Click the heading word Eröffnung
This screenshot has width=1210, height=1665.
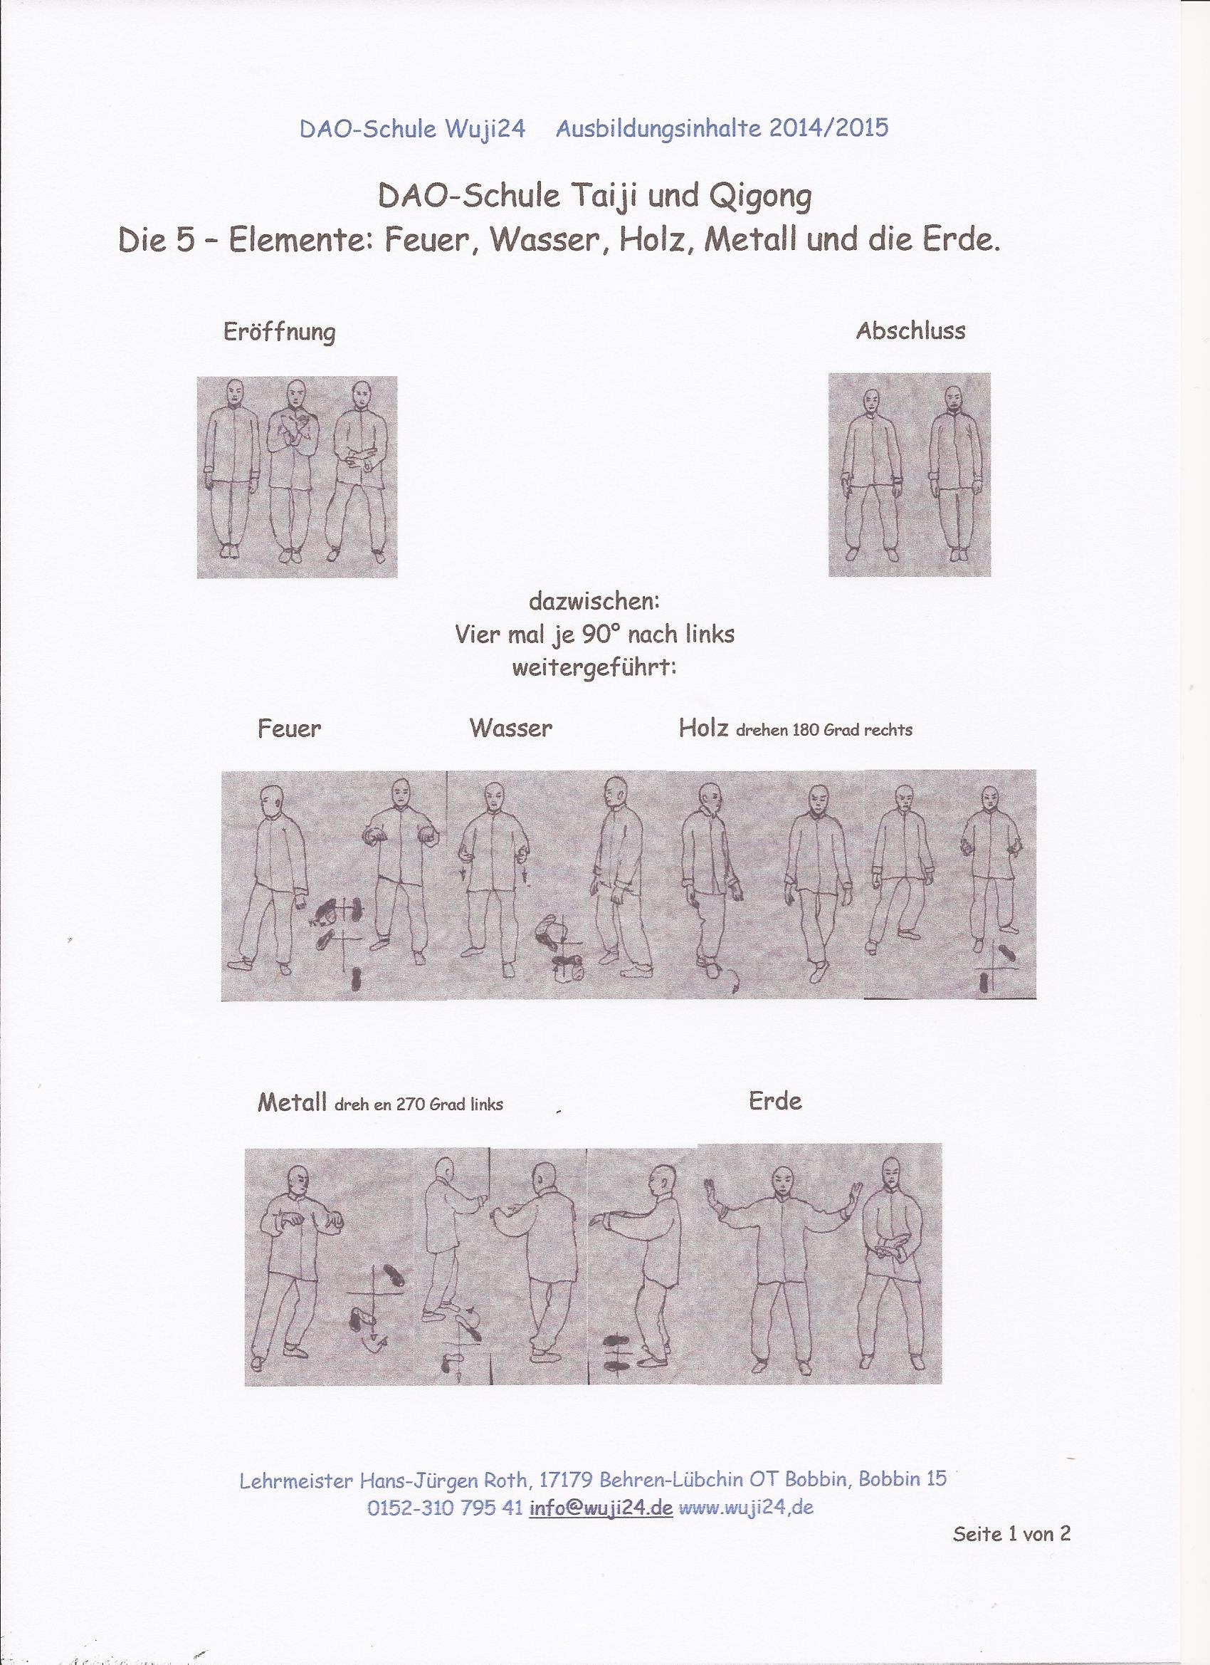pyautogui.click(x=279, y=333)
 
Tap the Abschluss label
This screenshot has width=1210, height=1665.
pyautogui.click(x=910, y=330)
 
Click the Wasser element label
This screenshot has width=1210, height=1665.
pyautogui.click(x=511, y=728)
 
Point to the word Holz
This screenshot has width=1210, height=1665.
pyautogui.click(x=703, y=728)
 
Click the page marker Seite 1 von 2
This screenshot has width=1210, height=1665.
pyautogui.click(x=1012, y=1528)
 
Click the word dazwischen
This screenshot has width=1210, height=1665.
pyautogui.click(x=595, y=602)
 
